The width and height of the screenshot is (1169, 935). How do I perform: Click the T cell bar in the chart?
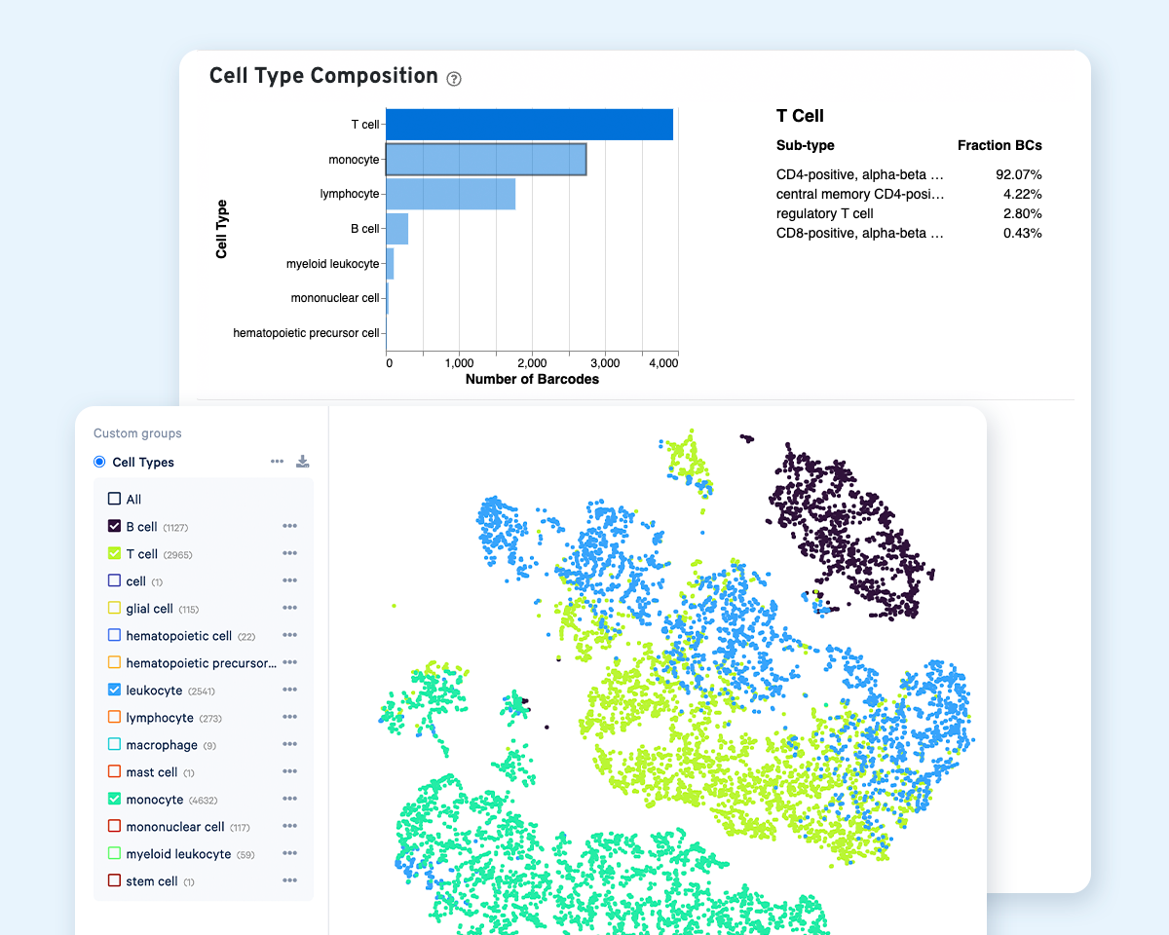pyautogui.click(x=529, y=125)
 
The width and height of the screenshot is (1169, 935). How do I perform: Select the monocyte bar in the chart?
pyautogui.click(x=485, y=160)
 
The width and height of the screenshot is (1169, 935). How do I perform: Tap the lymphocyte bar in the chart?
pyautogui.click(x=450, y=194)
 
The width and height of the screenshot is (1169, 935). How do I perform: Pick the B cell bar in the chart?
pyautogui.click(x=396, y=229)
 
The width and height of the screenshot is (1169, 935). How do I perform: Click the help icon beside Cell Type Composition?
pyautogui.click(x=453, y=78)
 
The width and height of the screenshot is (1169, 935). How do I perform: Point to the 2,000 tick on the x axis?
pyautogui.click(x=532, y=362)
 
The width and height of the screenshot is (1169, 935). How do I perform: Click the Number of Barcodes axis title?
pyautogui.click(x=532, y=379)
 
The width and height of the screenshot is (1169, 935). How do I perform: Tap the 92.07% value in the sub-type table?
pyautogui.click(x=1020, y=174)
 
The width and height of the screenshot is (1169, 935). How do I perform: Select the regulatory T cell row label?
pyautogui.click(x=824, y=213)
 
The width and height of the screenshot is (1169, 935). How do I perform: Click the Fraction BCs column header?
pyautogui.click(x=999, y=145)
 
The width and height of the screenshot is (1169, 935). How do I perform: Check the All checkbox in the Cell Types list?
pyautogui.click(x=114, y=499)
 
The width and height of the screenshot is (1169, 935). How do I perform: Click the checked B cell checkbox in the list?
pyautogui.click(x=114, y=526)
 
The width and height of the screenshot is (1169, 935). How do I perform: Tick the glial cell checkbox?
pyautogui.click(x=114, y=608)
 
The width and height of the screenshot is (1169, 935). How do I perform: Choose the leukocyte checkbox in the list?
pyautogui.click(x=114, y=690)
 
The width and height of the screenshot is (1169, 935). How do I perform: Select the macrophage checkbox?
pyautogui.click(x=114, y=744)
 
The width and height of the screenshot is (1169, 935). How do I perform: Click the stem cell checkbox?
pyautogui.click(x=114, y=880)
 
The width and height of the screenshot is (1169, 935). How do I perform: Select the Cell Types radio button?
pyautogui.click(x=99, y=462)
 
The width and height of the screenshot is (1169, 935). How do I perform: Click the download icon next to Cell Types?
pyautogui.click(x=303, y=462)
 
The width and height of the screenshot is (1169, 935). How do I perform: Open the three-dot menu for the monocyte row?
pyautogui.click(x=289, y=799)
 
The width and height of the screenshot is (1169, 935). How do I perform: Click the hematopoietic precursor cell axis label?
pyautogui.click(x=306, y=333)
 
